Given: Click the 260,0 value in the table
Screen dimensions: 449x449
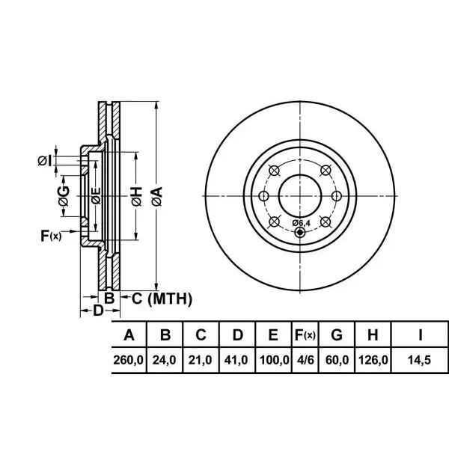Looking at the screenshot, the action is tap(128, 360).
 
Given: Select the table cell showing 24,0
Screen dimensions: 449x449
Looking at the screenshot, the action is tap(164, 360).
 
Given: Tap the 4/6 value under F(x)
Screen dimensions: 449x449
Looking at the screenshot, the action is tap(305, 360).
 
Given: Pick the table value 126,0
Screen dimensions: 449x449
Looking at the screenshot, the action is tap(373, 360).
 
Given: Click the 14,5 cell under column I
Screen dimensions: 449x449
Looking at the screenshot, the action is tap(419, 360).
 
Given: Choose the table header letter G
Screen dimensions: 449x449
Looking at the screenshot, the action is tap(337, 335).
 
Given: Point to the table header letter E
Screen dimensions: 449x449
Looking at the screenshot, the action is tap(273, 335).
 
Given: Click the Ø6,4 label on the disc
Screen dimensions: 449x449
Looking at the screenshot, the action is tap(302, 223).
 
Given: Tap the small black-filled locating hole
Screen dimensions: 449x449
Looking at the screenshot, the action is tap(300, 232).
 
